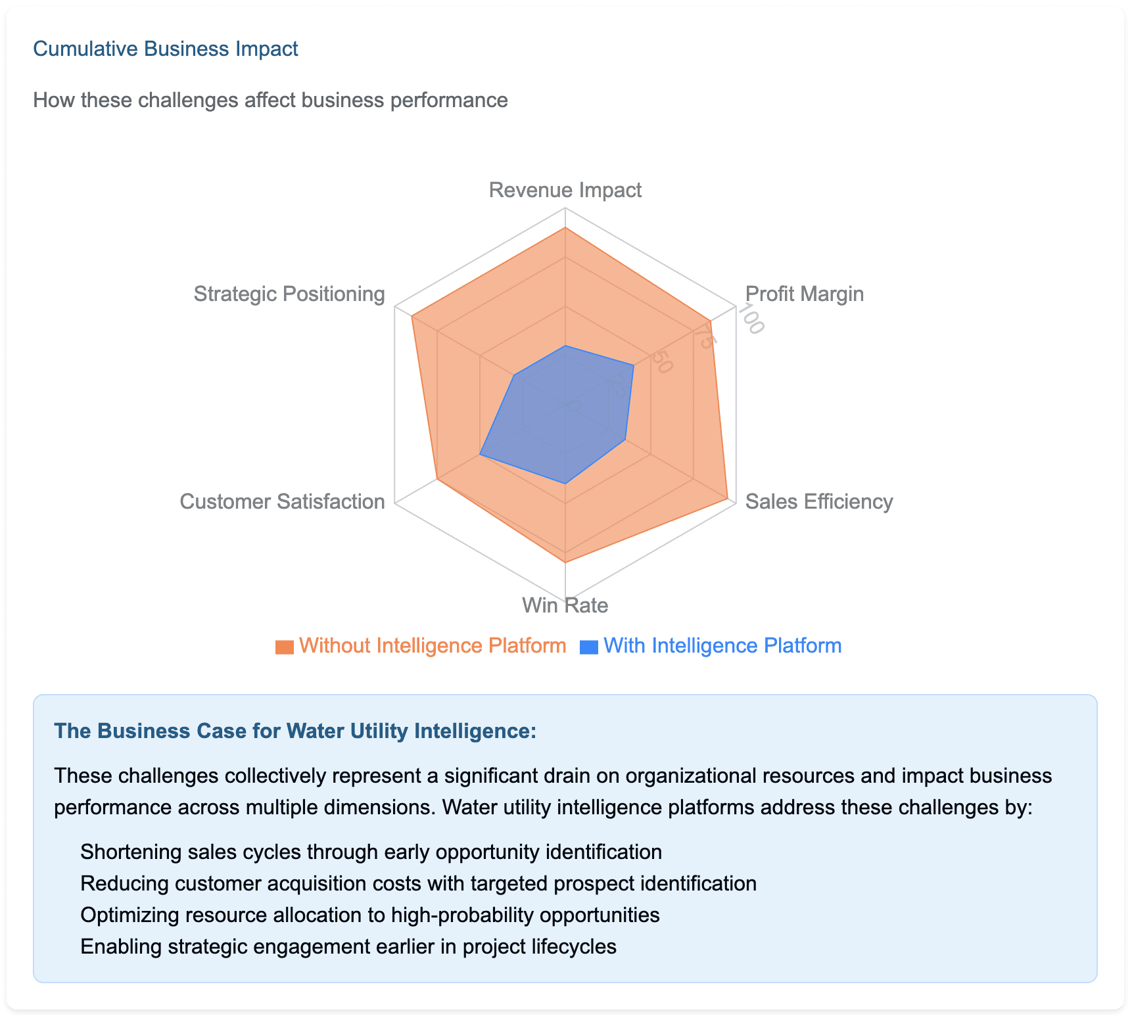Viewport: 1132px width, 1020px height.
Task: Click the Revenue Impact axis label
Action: [565, 190]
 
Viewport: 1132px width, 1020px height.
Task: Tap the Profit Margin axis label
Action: [805, 294]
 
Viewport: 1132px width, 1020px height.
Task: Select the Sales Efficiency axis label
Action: [819, 501]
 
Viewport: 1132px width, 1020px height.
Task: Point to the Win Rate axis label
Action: [565, 605]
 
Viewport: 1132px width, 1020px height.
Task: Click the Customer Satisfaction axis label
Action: [282, 501]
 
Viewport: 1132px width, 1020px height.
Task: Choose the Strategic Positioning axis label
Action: [289, 294]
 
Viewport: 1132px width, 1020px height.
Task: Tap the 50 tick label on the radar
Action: [662, 362]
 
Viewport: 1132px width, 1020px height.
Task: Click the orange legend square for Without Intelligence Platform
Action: [285, 647]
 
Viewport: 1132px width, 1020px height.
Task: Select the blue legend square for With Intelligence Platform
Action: [589, 647]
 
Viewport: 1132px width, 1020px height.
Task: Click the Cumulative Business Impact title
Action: [166, 49]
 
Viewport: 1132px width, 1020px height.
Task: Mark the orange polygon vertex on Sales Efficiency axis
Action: [727, 499]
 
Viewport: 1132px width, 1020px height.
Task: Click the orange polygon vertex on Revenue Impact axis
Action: [565, 228]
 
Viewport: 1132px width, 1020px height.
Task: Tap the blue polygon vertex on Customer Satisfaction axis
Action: [481, 454]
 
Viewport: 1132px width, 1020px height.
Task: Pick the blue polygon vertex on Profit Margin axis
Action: [633, 366]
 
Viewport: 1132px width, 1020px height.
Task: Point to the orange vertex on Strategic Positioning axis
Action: [412, 317]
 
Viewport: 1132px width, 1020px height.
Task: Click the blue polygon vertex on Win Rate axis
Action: [565, 484]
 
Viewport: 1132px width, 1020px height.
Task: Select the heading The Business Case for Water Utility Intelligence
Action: [295, 731]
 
